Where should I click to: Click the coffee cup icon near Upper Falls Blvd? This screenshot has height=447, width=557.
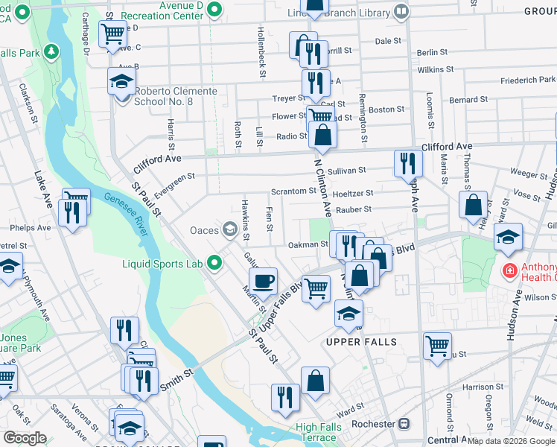click(x=263, y=282)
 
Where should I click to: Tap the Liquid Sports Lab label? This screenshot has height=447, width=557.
click(x=163, y=262)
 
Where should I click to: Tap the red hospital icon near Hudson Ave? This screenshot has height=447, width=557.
click(x=510, y=270)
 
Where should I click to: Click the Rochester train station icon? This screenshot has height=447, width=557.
click(x=404, y=424)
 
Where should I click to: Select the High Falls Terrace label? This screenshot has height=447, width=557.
click(x=327, y=432)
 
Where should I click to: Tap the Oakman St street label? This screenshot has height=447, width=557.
click(x=308, y=244)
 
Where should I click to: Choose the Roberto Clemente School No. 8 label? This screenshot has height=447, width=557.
click(x=175, y=96)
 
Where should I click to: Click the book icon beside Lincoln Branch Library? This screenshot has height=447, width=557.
click(x=401, y=11)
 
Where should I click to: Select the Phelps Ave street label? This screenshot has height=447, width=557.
click(x=30, y=228)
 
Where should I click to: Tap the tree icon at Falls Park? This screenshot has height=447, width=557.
click(x=51, y=52)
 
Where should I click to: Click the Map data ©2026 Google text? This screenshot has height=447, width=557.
click(x=511, y=441)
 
